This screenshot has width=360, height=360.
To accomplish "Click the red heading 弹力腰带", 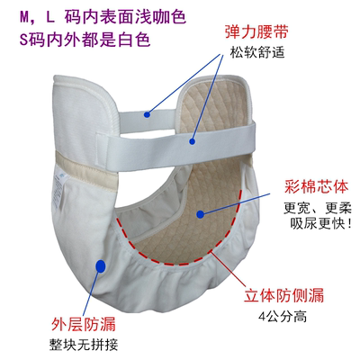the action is pyautogui.click(x=256, y=32).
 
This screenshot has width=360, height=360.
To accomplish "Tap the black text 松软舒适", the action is pyautogui.click(x=257, y=52).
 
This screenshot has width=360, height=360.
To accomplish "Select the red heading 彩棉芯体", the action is pyautogui.click(x=316, y=186).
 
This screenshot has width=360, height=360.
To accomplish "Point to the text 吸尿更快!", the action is pyautogui.click(x=320, y=223).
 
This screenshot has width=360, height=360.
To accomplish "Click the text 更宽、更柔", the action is pyautogui.click(x=318, y=208).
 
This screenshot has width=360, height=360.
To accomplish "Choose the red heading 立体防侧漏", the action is pyautogui.click(x=283, y=295).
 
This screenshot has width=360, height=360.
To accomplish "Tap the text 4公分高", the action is pyautogui.click(x=283, y=316).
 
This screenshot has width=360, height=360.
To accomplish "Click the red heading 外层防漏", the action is pyautogui.click(x=84, y=324).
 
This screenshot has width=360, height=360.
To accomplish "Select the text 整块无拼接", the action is pyautogui.click(x=84, y=345).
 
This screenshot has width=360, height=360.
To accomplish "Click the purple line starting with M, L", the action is pyautogui.click(x=103, y=17).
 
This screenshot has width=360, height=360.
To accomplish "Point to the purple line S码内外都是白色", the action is pyautogui.click(x=85, y=39).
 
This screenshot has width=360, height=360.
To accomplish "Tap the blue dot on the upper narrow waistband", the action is pyautogui.click(x=147, y=114).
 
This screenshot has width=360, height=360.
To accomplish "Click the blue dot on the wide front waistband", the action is pyautogui.click(x=192, y=141).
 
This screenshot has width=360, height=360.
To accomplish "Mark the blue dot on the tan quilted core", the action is pyautogui.click(x=200, y=214).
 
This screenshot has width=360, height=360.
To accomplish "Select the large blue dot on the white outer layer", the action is pyautogui.click(x=100, y=265).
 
